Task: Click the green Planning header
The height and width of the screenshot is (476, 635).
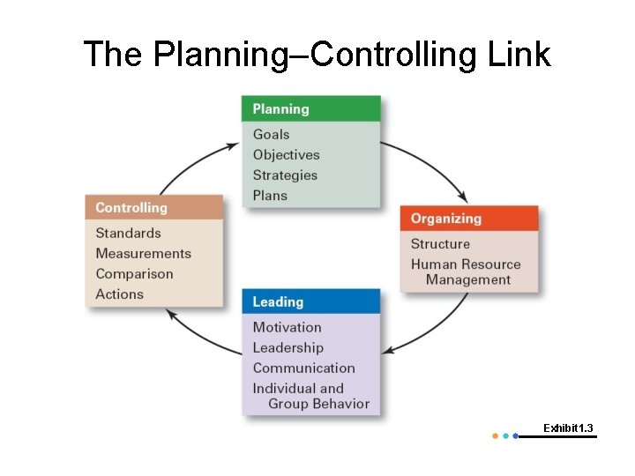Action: click(310, 109)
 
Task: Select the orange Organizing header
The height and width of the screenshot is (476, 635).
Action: click(468, 219)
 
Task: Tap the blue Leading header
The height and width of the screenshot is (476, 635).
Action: click(310, 301)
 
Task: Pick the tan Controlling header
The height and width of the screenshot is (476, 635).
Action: click(154, 208)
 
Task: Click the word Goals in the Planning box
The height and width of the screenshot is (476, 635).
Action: click(271, 134)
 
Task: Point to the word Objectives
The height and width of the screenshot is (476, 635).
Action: click(286, 154)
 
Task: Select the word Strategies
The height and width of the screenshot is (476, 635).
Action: click(285, 175)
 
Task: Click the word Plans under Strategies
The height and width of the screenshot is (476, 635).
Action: click(270, 195)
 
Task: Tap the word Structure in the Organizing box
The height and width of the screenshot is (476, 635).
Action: click(440, 243)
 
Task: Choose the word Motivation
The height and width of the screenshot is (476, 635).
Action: click(287, 327)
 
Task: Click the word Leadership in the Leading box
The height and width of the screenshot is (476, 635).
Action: click(288, 347)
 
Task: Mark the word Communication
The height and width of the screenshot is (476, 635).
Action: click(303, 368)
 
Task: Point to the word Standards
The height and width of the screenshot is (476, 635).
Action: click(128, 233)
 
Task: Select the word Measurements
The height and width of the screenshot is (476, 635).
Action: click(143, 253)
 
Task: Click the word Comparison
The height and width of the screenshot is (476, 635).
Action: click(134, 273)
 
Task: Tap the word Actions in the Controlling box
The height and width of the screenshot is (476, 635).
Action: click(119, 294)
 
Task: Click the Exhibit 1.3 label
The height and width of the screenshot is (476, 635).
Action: click(568, 428)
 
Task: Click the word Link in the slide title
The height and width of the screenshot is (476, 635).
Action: click(519, 54)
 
